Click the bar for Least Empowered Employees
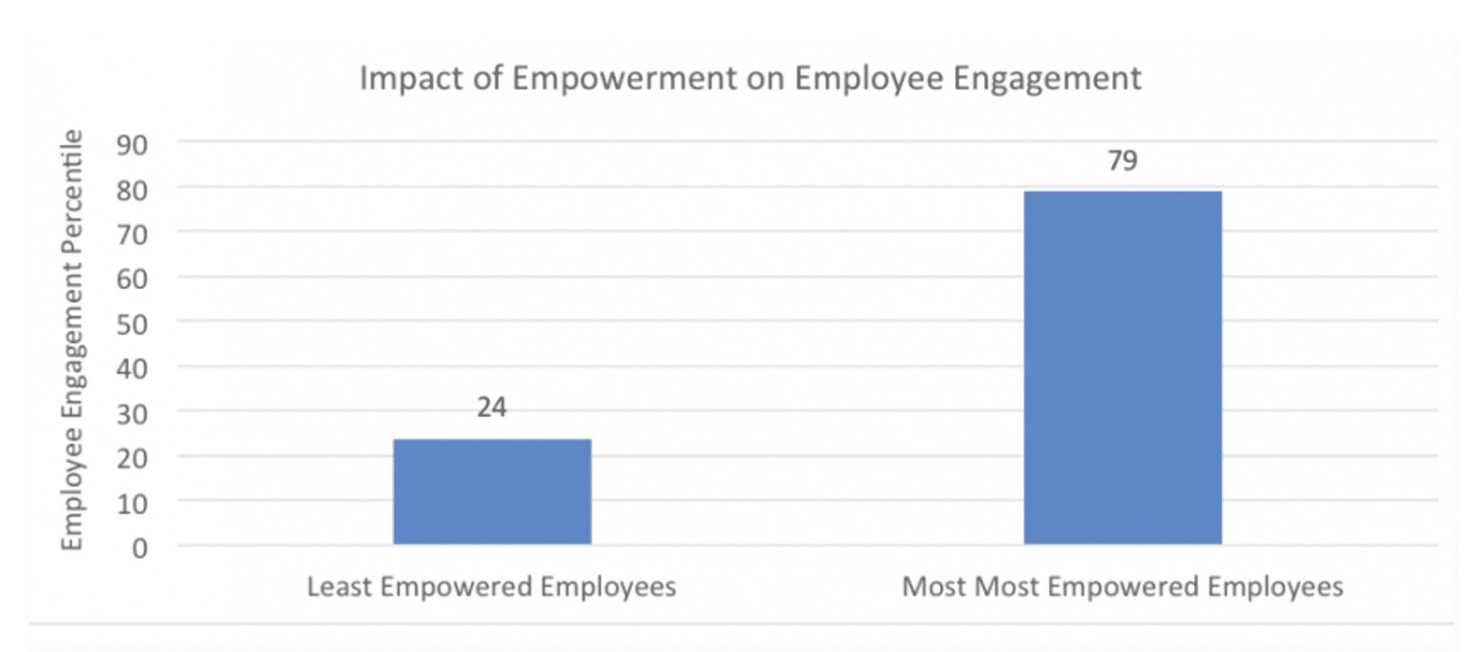click(x=492, y=492)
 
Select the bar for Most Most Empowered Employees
click(x=1123, y=368)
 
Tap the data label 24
click(x=492, y=408)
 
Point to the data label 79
click(x=1123, y=161)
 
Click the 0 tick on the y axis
click(x=140, y=547)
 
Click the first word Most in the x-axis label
click(x=933, y=586)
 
